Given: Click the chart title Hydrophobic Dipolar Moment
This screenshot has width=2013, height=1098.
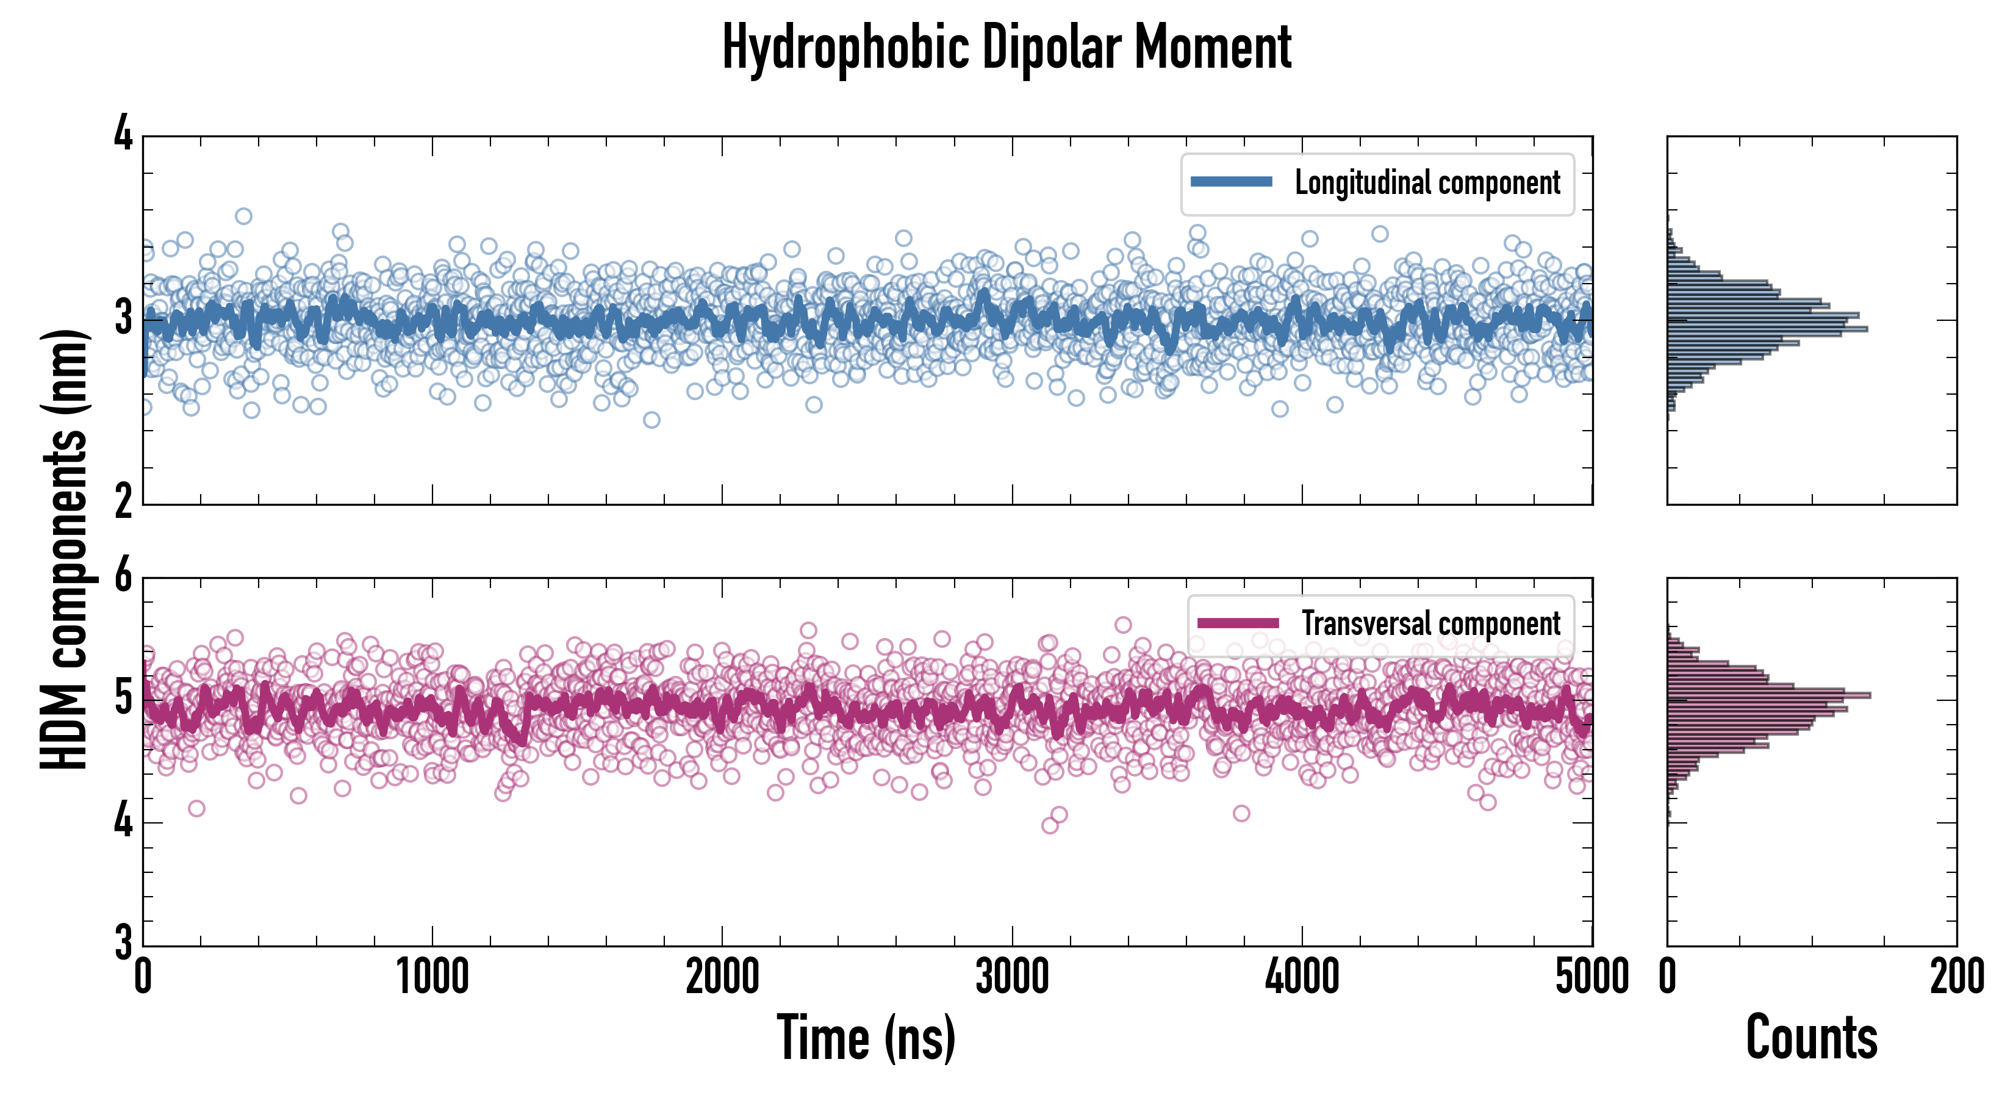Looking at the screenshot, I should [x=1006, y=48].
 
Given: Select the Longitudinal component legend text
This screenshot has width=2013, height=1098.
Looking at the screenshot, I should [x=1427, y=183].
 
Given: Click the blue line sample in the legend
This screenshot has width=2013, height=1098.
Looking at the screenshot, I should [x=1231, y=182].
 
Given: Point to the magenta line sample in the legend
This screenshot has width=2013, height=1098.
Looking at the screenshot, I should [x=1238, y=623].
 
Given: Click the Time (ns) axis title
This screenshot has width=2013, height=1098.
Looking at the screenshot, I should [x=866, y=1038].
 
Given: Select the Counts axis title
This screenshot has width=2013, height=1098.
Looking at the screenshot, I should [x=1811, y=1038].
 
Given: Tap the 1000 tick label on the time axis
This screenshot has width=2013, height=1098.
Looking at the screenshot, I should [x=432, y=977].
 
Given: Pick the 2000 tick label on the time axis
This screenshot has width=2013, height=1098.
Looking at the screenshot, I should [x=722, y=977].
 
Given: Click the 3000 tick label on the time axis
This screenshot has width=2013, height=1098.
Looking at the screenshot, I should [x=1012, y=977].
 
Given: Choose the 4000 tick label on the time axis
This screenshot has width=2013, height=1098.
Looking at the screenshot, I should [x=1302, y=977].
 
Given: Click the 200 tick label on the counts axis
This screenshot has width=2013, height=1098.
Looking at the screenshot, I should [x=1956, y=977].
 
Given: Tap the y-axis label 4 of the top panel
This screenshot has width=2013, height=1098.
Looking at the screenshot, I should [x=123, y=134].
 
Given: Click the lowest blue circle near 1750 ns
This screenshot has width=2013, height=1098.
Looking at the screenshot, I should [x=651, y=420].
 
